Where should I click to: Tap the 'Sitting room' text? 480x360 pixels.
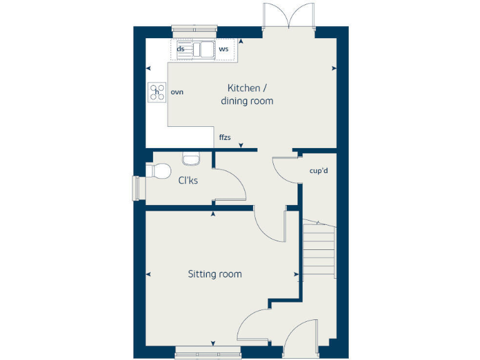tap(215, 274)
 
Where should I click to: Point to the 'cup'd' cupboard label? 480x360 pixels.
tap(319, 170)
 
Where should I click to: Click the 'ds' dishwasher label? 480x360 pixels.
tap(181, 49)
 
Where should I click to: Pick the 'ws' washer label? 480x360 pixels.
tap(223, 49)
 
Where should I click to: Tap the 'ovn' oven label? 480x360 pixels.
tap(177, 92)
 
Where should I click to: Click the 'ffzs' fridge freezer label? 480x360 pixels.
tap(225, 137)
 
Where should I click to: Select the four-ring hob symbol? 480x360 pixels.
tap(156, 92)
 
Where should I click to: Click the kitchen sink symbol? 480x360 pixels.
tap(203, 49)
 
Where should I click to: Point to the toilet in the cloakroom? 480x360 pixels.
tap(159, 171)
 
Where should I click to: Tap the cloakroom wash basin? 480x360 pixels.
tap(191, 159)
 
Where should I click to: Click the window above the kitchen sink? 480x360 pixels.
tap(195, 29)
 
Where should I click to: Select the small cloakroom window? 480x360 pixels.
tap(136, 188)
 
